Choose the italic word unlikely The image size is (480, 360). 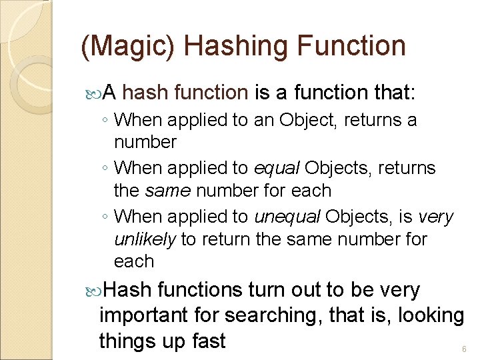[x=145, y=239]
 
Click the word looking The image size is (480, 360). [x=431, y=316]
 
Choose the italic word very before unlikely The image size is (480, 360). [x=435, y=217]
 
